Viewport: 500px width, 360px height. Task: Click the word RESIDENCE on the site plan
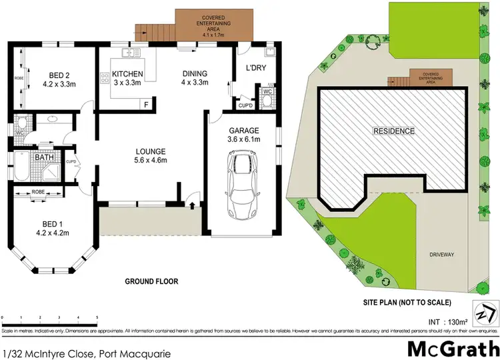pos(394,131)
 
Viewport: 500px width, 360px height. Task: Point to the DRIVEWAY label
pos(441,255)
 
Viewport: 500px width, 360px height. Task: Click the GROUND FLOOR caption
pos(151,281)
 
